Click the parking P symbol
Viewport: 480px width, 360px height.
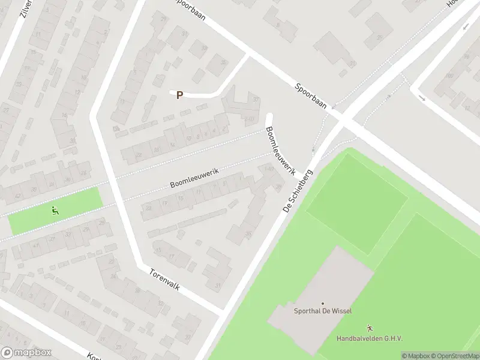coord(179,95)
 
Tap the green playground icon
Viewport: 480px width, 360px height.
coord(55,210)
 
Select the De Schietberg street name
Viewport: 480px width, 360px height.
coord(298,191)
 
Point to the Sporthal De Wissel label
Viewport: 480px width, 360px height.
coord(323,311)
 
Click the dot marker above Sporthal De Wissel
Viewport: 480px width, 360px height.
coord(323,304)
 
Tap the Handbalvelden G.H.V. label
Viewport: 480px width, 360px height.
coord(369,338)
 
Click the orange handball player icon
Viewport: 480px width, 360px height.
coord(370,328)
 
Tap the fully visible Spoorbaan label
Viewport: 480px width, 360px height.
coord(310,95)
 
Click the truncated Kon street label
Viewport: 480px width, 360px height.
coord(94,356)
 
